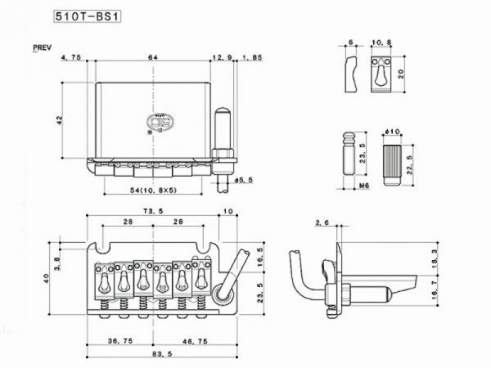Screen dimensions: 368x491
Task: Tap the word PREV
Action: [43, 48]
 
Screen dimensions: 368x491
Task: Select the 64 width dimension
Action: [152, 57]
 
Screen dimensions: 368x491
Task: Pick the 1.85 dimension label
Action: [252, 57]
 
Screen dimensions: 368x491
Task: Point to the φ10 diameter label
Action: [390, 132]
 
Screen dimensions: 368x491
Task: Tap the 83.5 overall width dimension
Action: [155, 353]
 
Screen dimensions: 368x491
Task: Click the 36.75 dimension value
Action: [119, 339]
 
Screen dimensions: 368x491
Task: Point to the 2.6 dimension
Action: [322, 222]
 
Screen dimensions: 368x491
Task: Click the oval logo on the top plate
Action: [156, 123]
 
